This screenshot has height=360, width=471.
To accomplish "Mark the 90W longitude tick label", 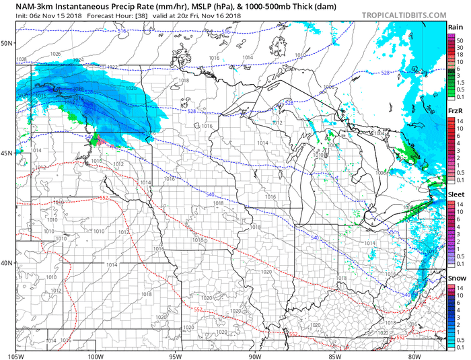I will (x=254, y=355).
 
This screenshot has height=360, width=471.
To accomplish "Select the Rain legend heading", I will (x=455, y=27).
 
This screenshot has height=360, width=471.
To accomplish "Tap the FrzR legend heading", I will (x=455, y=110).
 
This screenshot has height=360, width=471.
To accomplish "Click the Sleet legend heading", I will (x=455, y=193).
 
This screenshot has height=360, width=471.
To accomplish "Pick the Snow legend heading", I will (x=455, y=277).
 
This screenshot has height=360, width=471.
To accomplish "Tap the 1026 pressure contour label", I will (x=55, y=54).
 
